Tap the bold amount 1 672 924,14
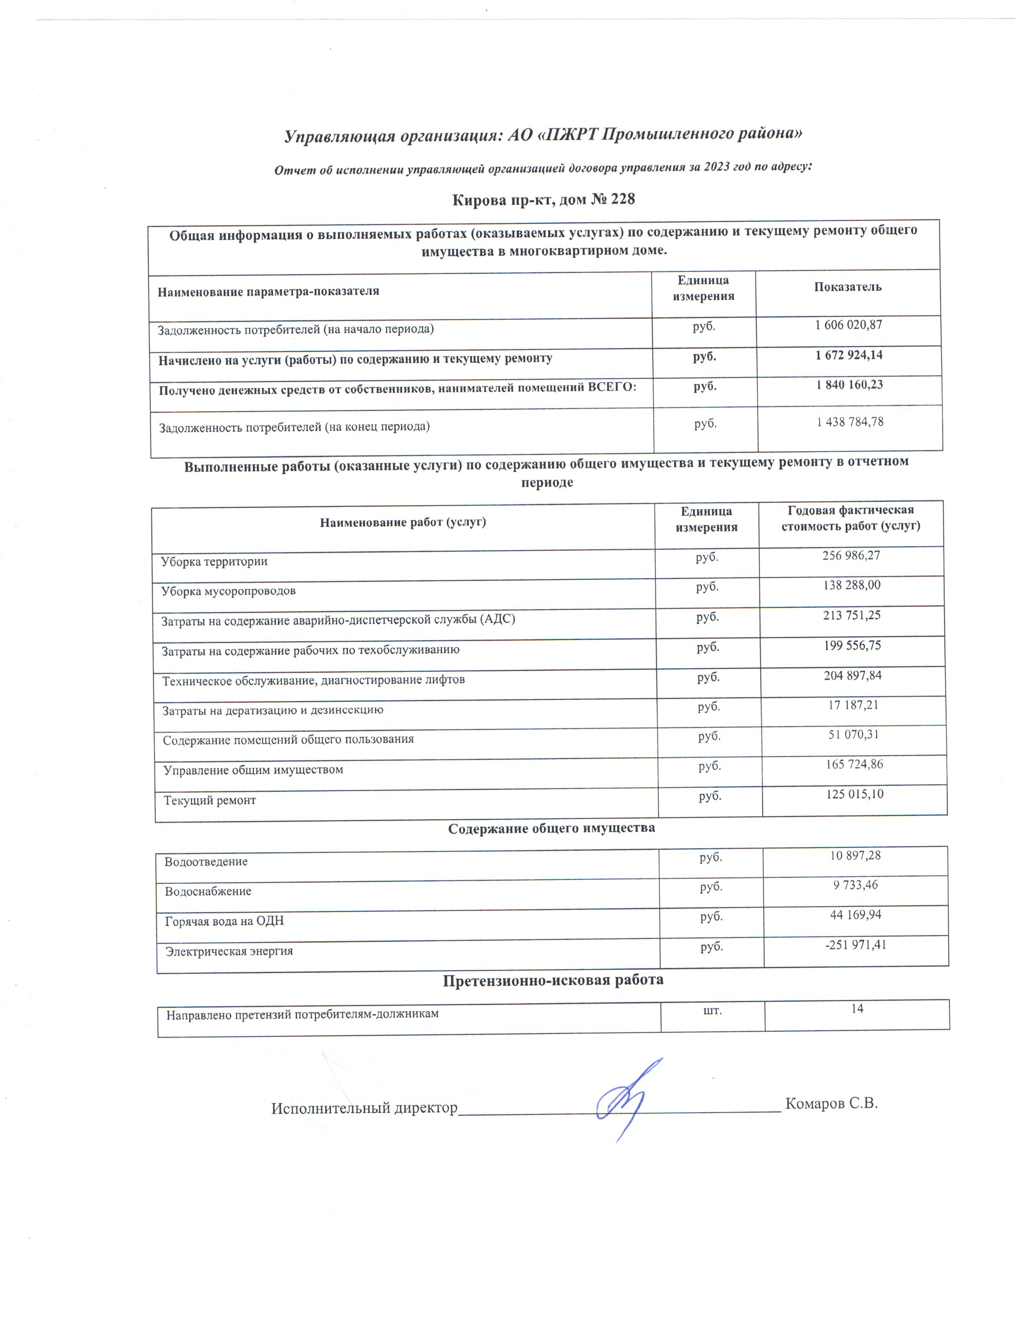tap(849, 355)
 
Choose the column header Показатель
tap(847, 287)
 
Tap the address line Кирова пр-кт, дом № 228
tap(544, 199)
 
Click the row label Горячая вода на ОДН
tap(224, 921)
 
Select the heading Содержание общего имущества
tap(551, 828)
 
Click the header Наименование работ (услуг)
tap(403, 522)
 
